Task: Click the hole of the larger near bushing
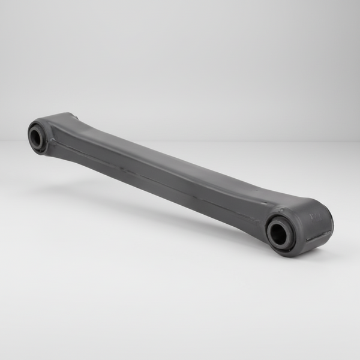pyautogui.click(x=279, y=234)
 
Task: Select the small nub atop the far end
pyautogui.click(x=73, y=115)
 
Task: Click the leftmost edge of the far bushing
pyautogui.click(x=28, y=133)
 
